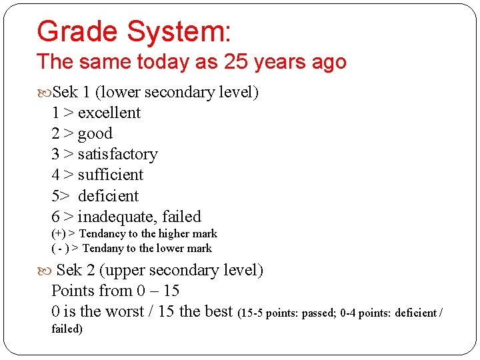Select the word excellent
[x=109, y=113]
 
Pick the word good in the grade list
[x=95, y=134]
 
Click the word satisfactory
[x=117, y=155]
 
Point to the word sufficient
[x=111, y=175]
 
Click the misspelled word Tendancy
[x=102, y=234]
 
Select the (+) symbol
[x=58, y=234]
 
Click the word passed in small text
[x=319, y=313]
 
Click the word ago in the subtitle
[x=330, y=63]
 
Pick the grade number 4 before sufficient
[x=55, y=175]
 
